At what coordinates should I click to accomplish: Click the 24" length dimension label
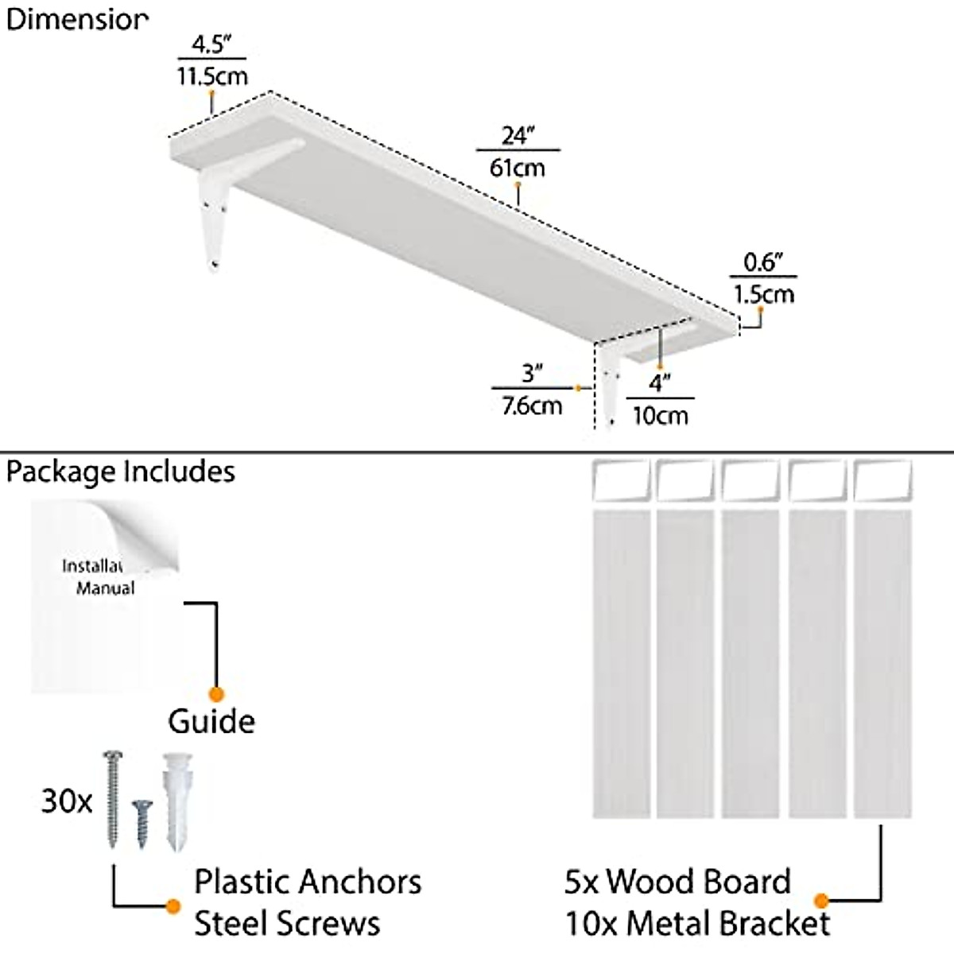(517, 136)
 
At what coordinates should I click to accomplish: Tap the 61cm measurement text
(518, 167)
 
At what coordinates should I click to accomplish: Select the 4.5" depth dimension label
(211, 45)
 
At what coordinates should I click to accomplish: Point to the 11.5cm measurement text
(211, 76)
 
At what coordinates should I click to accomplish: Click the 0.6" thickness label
(763, 262)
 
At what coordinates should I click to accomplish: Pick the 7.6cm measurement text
(531, 405)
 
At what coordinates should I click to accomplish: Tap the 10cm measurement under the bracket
(660, 415)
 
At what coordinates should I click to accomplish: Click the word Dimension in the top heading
(76, 19)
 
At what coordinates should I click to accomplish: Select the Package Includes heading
(121, 471)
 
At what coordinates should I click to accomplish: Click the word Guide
(211, 721)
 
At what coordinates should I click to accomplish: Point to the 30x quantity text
(67, 801)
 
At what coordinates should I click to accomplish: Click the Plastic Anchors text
(308, 882)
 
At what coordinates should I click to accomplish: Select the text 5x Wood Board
(677, 882)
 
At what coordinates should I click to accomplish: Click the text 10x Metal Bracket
(697, 924)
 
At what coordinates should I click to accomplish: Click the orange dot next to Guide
(215, 694)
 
